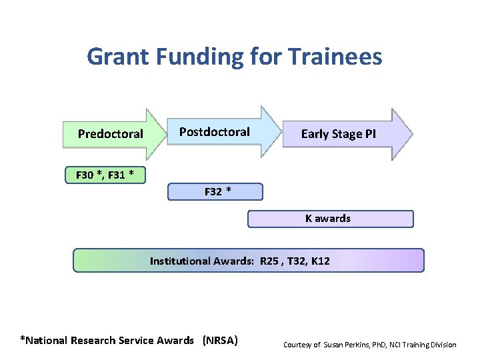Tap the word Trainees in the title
[336, 57]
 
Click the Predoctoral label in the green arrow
[110, 134]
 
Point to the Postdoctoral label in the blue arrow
[214, 132]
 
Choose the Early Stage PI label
[338, 134]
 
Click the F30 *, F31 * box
[105, 175]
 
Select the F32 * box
[215, 192]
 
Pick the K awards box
[330, 219]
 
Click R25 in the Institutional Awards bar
[270, 261]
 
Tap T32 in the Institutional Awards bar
[294, 261]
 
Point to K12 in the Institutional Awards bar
[320, 261]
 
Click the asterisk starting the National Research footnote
[23, 339]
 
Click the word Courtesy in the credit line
[297, 345]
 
